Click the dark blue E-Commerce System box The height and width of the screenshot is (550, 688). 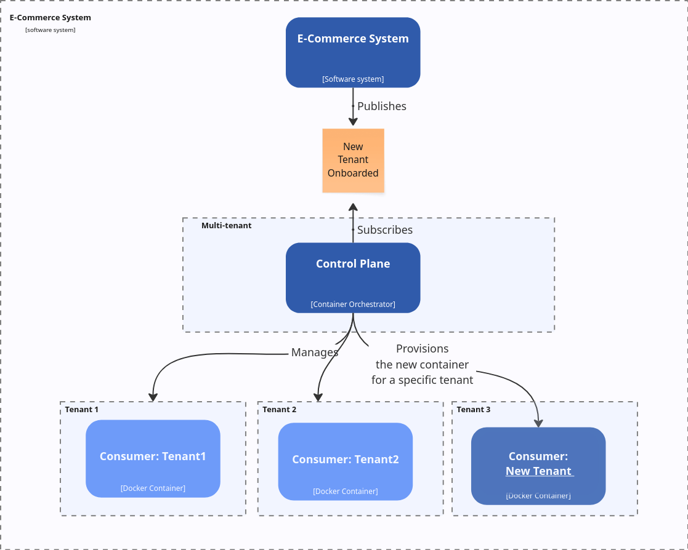tap(353, 53)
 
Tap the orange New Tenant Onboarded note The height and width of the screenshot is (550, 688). tap(353, 160)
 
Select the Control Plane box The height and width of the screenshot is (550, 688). tap(353, 277)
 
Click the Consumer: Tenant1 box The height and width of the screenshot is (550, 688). tap(153, 458)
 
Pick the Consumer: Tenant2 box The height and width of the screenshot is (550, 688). tap(345, 461)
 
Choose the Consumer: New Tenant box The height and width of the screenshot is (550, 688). tap(538, 465)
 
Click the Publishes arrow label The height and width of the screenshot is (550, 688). tap(382, 106)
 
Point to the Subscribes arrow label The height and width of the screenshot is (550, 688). tap(385, 230)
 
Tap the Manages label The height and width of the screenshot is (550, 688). tap(315, 353)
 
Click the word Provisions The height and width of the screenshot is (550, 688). tap(422, 349)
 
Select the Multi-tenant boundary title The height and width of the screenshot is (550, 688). tap(226, 226)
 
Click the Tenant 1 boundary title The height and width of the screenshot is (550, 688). tap(81, 410)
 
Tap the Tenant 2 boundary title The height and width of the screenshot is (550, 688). tap(279, 410)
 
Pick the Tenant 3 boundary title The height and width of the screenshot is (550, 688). tap(473, 410)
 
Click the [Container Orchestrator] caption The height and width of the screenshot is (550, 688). tap(353, 305)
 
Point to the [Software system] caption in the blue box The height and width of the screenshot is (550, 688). tap(353, 79)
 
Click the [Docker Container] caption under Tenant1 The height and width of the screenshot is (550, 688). tap(153, 488)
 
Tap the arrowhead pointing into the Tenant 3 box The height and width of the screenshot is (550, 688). tap(538, 422)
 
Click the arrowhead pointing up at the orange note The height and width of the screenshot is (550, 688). tap(353, 207)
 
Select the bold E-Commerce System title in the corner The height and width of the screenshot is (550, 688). tap(50, 18)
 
